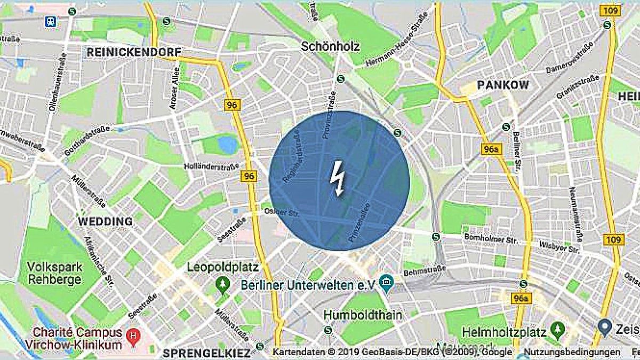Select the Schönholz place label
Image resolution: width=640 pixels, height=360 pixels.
point(330,46)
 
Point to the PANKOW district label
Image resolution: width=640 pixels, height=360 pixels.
point(503,85)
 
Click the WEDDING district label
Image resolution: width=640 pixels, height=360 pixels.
point(105,221)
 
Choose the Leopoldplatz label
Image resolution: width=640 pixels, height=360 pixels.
point(222,267)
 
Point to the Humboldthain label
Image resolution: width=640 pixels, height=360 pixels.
point(363,315)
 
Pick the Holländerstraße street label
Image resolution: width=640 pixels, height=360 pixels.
point(211,165)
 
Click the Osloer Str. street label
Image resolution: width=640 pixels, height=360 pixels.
point(282,212)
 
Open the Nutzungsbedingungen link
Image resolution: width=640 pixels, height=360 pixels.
point(572,353)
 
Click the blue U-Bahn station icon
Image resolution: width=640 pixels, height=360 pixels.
point(51,21)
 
